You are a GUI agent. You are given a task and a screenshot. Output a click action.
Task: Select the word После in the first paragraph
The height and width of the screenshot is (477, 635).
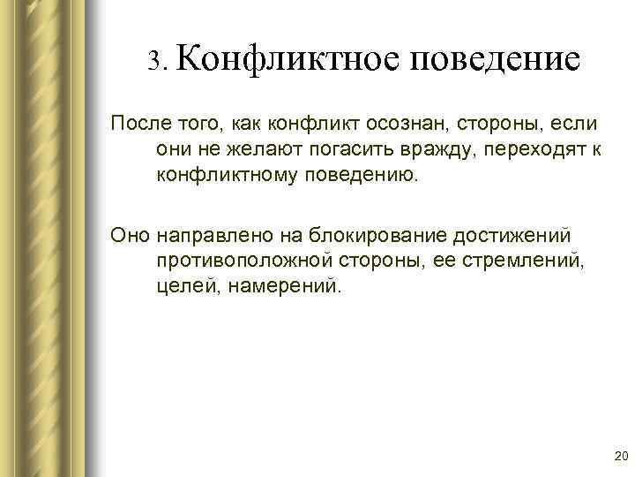(x=134, y=120)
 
